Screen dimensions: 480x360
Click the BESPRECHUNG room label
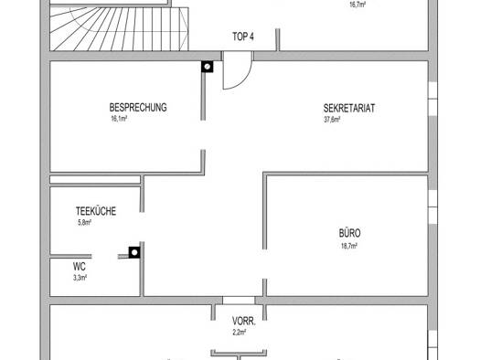[x=138, y=107]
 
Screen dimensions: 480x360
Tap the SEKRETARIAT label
[x=349, y=109]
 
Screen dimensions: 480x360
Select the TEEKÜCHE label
[x=96, y=211]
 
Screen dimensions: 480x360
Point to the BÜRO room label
[x=349, y=233]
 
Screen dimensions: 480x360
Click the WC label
[x=80, y=267]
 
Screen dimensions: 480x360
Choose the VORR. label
[x=244, y=321]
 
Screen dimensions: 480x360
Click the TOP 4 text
[x=243, y=37]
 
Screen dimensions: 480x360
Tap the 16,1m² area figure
[x=119, y=119]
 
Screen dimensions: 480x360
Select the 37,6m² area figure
[x=332, y=120]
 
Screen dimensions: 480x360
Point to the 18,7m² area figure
[x=349, y=246]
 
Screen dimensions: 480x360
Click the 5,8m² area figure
[x=84, y=223]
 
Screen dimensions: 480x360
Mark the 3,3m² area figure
[x=80, y=278]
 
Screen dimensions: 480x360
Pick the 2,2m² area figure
[x=239, y=333]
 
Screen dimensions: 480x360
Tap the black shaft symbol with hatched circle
[x=208, y=67]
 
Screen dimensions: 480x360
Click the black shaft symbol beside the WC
[x=134, y=252]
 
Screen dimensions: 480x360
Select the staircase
[x=119, y=29]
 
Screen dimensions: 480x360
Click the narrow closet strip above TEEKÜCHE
[x=95, y=179]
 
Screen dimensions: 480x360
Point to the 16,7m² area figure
[x=357, y=5]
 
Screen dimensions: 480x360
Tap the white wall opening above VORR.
[x=239, y=300]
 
